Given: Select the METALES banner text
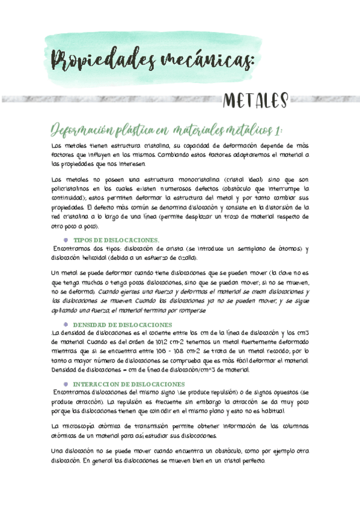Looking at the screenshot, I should click(x=255, y=101).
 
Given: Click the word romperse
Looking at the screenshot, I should click(x=206, y=310).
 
